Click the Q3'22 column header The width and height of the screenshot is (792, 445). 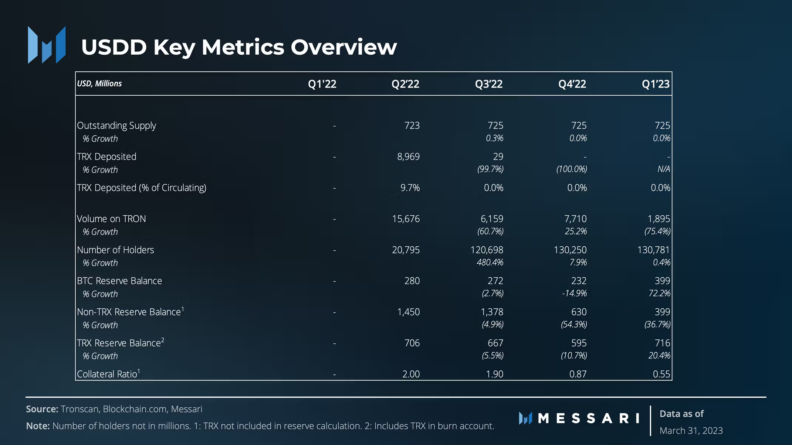(488, 84)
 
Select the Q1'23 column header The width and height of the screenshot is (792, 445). (655, 84)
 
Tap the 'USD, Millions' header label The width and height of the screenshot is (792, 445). (99, 83)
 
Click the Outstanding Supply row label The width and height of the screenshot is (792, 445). (116, 126)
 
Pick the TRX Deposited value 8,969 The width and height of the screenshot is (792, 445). (408, 157)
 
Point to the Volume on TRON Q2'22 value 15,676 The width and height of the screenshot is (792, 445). (406, 219)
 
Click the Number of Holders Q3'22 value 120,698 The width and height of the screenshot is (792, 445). (487, 250)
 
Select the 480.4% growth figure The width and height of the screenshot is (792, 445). (490, 263)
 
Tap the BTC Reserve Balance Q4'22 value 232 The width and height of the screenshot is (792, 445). (579, 281)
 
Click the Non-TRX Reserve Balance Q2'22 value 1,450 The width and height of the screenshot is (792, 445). (408, 312)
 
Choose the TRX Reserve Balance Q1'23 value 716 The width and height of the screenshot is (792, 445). (662, 343)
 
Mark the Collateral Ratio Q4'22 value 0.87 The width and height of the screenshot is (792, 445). (578, 374)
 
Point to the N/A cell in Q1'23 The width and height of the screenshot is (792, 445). (663, 169)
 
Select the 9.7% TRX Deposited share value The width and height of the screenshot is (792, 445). (410, 188)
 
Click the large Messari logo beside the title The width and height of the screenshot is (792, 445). (47, 45)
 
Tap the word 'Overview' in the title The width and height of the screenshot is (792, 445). (343, 47)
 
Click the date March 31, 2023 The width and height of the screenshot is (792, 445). (691, 431)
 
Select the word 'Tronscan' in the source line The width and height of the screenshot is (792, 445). (79, 409)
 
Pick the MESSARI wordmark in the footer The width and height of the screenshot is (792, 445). (589, 418)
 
